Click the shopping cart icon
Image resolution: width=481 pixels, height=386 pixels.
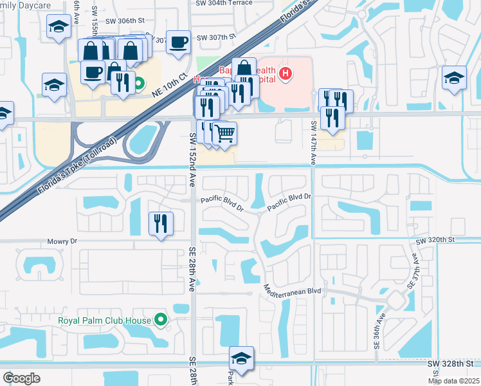click(224, 133)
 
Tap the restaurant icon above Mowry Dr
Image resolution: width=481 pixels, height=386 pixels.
click(159, 223)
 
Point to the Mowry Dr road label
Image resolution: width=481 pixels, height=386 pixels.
click(62, 241)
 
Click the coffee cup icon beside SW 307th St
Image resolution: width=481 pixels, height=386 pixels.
click(178, 41)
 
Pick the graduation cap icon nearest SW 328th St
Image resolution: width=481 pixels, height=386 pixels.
click(241, 358)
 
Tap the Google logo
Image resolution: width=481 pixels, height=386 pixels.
click(21, 378)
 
